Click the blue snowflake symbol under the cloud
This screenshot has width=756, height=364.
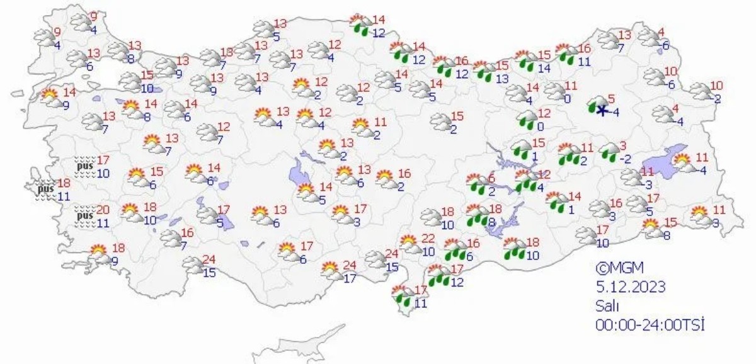point(602,111)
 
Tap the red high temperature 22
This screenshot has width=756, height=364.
point(428,238)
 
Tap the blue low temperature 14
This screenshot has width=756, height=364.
point(544,68)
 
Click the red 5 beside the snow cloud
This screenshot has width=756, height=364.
point(610,98)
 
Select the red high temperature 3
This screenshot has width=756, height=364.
point(623,145)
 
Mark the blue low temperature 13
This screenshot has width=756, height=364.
point(501,79)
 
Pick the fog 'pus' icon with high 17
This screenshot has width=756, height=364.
point(84,166)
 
